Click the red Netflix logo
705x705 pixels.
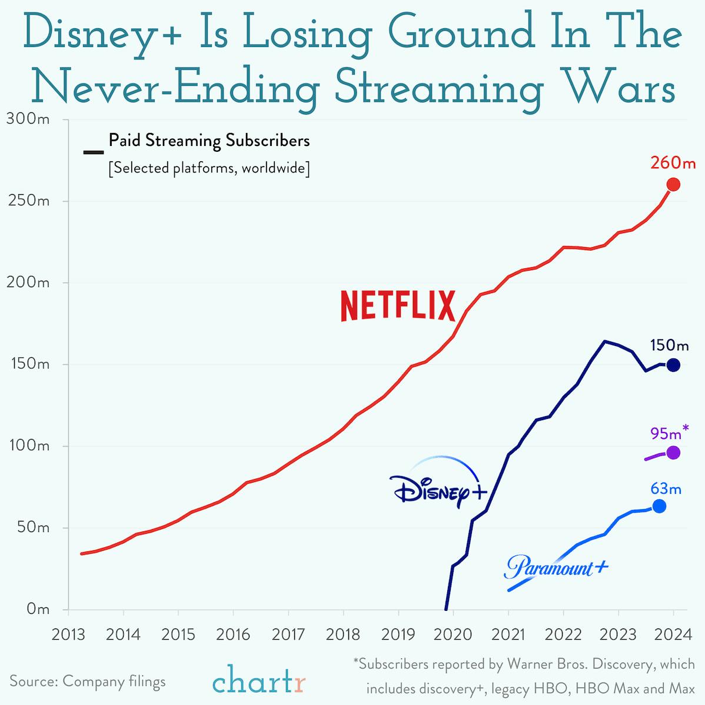(x=398, y=305)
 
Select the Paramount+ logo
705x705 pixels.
(x=556, y=567)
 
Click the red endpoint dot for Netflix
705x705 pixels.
(x=673, y=184)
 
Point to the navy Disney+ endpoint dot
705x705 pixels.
(x=673, y=365)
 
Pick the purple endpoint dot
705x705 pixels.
(x=673, y=453)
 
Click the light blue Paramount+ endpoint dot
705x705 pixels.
(x=659, y=506)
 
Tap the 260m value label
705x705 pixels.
(x=673, y=161)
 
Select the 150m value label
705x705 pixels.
(x=669, y=345)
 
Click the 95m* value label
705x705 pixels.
(x=669, y=433)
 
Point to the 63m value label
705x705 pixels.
(x=666, y=488)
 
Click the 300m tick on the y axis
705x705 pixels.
(x=28, y=119)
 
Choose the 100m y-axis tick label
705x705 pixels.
(x=28, y=445)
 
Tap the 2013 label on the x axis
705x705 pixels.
(x=68, y=635)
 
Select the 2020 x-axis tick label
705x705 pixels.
(x=453, y=635)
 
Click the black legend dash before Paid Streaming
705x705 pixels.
(x=94, y=152)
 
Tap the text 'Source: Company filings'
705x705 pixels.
(x=88, y=682)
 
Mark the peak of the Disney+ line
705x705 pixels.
(x=604, y=341)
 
